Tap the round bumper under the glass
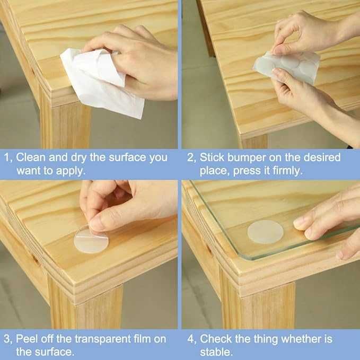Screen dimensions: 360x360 pyautogui.click(x=265, y=232)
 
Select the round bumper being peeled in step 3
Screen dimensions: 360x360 pyautogui.click(x=91, y=241)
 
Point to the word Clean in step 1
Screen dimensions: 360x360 pyautogui.click(x=31, y=157)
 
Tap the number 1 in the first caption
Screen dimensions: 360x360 pyautogui.click(x=7, y=158)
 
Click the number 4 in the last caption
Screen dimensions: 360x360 pyautogui.click(x=190, y=339)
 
